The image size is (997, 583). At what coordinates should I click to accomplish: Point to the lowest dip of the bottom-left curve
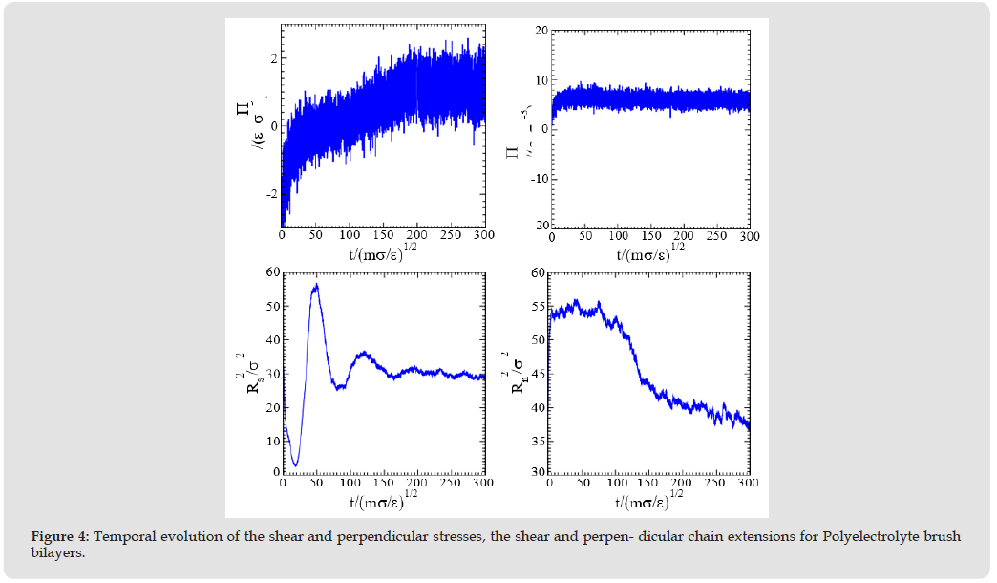pyautogui.click(x=295, y=464)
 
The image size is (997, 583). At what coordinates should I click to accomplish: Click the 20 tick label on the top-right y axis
pyautogui.click(x=540, y=31)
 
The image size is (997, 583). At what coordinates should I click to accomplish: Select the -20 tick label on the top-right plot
pyautogui.click(x=537, y=225)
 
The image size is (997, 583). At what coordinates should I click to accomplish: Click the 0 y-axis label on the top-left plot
pyautogui.click(x=275, y=126)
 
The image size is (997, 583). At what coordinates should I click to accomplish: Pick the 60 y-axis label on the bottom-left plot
pyautogui.click(x=270, y=272)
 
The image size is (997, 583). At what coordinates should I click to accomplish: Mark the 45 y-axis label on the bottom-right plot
pyautogui.click(x=537, y=373)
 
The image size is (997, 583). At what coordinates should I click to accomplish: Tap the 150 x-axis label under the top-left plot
pyautogui.click(x=383, y=235)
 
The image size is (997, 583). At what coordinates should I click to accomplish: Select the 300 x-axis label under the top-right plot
pyautogui.click(x=749, y=235)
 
